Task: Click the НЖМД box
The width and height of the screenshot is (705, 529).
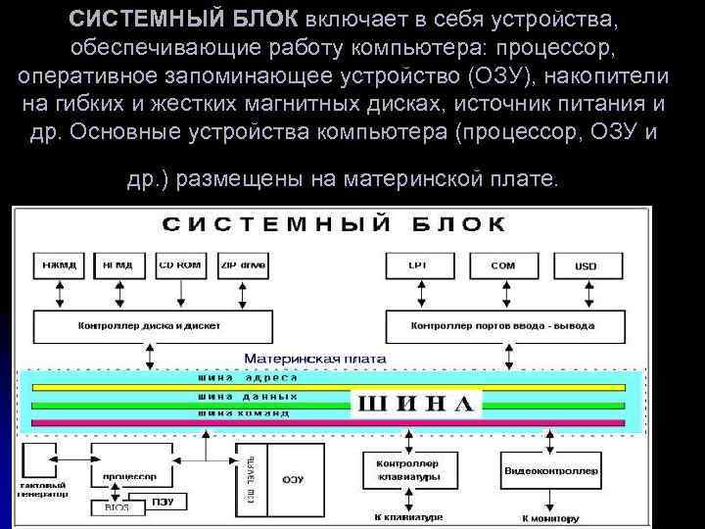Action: pyautogui.click(x=60, y=264)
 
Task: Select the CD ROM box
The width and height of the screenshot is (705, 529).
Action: pyautogui.click(x=179, y=264)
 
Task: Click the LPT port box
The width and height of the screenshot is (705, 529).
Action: pyautogui.click(x=419, y=264)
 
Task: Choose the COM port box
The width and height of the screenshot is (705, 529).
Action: pyautogui.click(x=503, y=264)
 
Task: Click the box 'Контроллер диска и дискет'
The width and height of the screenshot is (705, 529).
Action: pyautogui.click(x=143, y=324)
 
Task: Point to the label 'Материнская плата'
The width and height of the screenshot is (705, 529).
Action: pyautogui.click(x=314, y=359)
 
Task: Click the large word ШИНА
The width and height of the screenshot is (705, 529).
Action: pyautogui.click(x=418, y=403)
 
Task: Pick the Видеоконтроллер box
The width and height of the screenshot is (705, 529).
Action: pyautogui.click(x=551, y=471)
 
